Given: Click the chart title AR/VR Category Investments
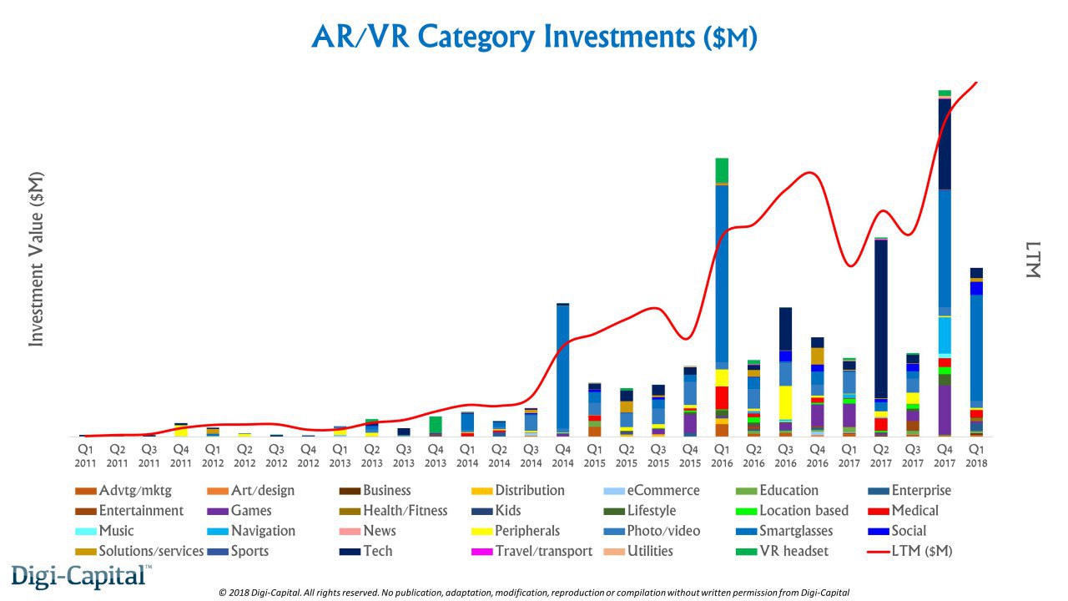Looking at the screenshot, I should point(534,37).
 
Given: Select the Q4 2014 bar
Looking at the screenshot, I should point(563,367).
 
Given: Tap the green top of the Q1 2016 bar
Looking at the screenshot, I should point(722,169).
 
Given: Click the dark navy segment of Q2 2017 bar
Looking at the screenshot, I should point(881,317).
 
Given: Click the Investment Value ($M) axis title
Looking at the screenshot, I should point(36,259).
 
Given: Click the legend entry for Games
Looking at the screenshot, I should point(250,511).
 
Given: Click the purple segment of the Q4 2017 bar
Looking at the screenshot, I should point(945,409).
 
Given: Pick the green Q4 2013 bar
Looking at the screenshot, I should point(436,424).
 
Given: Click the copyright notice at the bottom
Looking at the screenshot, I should point(534,592).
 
